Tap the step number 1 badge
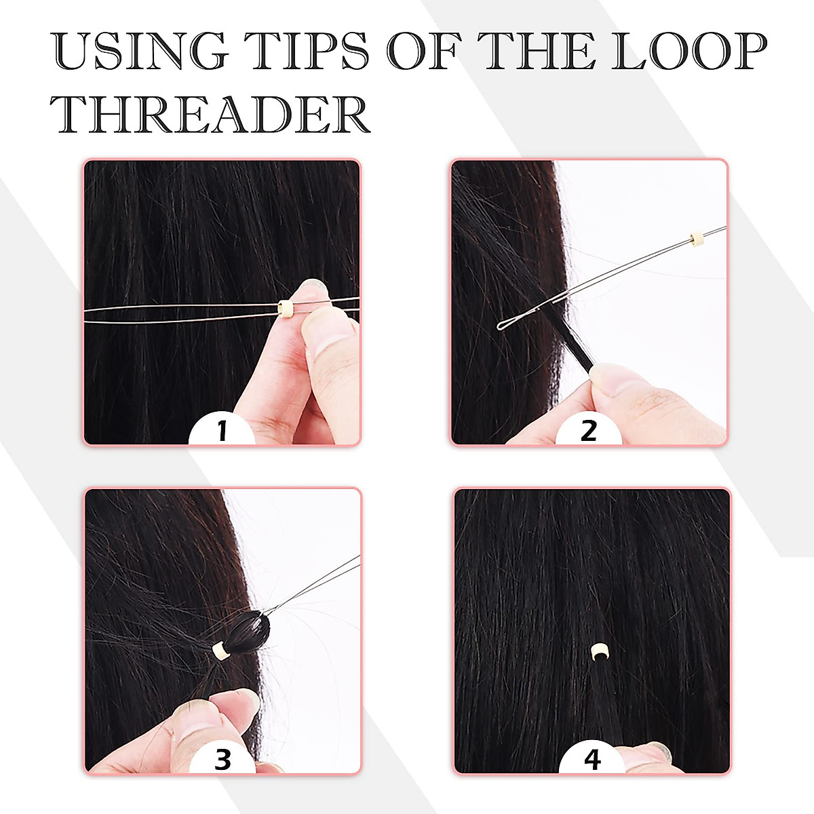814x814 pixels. point(221,430)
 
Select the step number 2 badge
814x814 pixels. point(588,430)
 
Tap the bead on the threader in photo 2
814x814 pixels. point(695,239)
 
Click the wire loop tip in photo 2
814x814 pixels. point(505,326)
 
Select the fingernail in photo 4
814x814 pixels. point(657,747)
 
